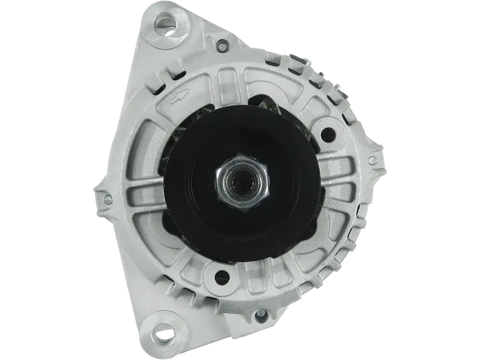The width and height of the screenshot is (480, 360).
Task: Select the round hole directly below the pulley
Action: tap(223, 276)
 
